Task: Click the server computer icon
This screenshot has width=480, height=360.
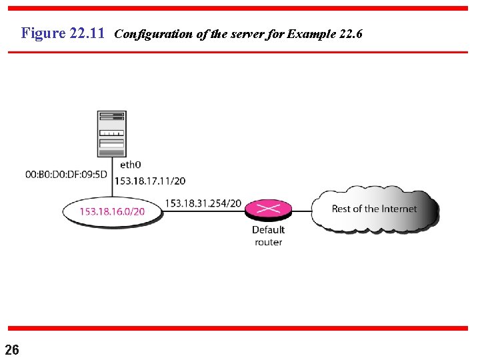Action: coord(111,133)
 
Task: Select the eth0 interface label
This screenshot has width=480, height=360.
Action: coord(130,165)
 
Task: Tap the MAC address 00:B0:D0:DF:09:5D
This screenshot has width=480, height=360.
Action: coord(66,175)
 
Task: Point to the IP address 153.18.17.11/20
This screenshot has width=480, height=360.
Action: coord(150,181)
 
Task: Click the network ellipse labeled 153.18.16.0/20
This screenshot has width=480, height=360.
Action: coord(112,211)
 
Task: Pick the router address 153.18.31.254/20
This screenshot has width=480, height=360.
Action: coord(203,203)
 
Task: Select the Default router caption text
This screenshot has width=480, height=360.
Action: coord(268,236)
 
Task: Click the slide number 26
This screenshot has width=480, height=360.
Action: coord(12,349)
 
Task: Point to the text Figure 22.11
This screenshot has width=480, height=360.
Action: coord(63,33)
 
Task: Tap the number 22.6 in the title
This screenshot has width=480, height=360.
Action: coord(351,33)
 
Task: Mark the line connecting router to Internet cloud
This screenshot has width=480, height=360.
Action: coord(301,211)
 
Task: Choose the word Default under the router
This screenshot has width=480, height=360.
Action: coord(268,230)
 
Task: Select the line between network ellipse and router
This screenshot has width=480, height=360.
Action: coord(203,211)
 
